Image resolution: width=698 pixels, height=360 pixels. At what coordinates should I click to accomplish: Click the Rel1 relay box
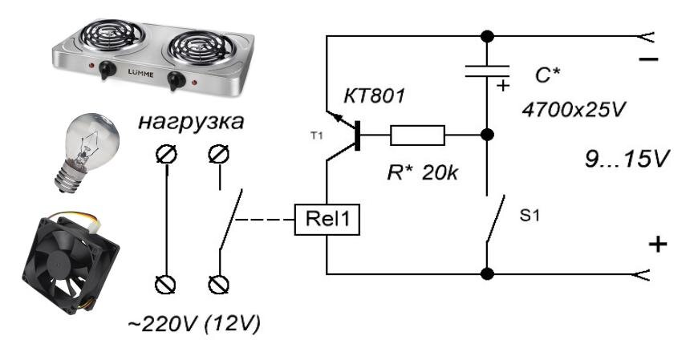[x=327, y=219]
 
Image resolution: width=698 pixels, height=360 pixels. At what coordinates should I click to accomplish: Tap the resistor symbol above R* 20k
[x=417, y=135]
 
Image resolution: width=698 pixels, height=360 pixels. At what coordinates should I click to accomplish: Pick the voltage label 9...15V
[x=627, y=159]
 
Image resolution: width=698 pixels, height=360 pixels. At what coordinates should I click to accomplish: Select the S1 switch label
[x=530, y=215]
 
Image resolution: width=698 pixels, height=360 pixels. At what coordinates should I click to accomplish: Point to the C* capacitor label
[x=547, y=76]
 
